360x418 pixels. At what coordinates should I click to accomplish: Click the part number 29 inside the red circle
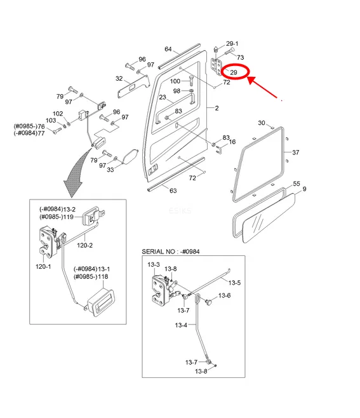click(x=234, y=72)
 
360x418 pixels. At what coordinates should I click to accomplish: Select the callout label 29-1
click(x=232, y=43)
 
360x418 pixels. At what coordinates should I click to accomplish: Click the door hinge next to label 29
click(x=217, y=67)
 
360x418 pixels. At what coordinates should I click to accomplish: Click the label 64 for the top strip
click(x=168, y=49)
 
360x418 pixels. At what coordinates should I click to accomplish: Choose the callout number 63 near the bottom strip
click(x=173, y=191)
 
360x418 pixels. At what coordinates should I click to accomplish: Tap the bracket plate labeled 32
click(x=133, y=86)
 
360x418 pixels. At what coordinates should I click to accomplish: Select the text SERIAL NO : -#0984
click(x=171, y=252)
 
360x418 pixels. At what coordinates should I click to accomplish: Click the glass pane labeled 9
click(x=269, y=219)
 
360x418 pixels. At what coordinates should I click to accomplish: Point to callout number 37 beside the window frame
click(x=296, y=152)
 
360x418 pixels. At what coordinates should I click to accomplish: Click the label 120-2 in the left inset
click(x=84, y=245)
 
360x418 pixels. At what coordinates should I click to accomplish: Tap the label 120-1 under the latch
click(x=43, y=267)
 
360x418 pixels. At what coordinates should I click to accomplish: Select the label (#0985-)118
click(x=91, y=277)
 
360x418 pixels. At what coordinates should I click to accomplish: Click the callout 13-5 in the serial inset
click(x=234, y=283)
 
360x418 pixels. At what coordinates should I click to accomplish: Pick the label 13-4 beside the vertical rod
click(x=181, y=325)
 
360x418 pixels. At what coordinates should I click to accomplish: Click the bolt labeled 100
click(x=191, y=81)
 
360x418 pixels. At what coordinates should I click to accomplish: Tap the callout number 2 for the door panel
click(x=217, y=108)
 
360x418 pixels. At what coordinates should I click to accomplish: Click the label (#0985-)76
click(x=29, y=126)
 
